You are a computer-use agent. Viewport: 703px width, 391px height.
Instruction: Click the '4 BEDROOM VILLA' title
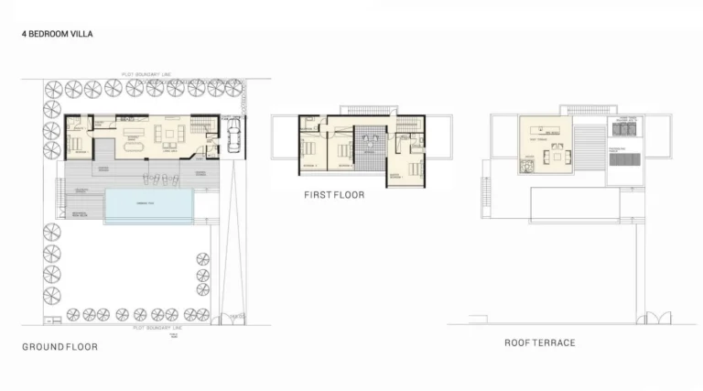click(x=58, y=34)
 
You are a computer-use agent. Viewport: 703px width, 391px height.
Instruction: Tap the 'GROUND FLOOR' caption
click(x=59, y=347)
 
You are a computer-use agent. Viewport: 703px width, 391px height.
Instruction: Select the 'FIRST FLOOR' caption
click(x=334, y=195)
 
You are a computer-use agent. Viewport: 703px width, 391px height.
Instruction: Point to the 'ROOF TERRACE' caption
click(x=540, y=342)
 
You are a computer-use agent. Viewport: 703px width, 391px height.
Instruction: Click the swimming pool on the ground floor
click(x=148, y=206)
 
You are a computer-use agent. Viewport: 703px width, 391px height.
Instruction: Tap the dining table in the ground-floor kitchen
click(x=134, y=143)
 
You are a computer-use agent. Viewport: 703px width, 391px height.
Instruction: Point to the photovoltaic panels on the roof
click(x=625, y=159)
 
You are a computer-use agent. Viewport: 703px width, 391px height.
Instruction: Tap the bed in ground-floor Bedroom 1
click(x=76, y=145)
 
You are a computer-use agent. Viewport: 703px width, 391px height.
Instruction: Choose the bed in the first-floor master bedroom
click(x=416, y=168)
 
